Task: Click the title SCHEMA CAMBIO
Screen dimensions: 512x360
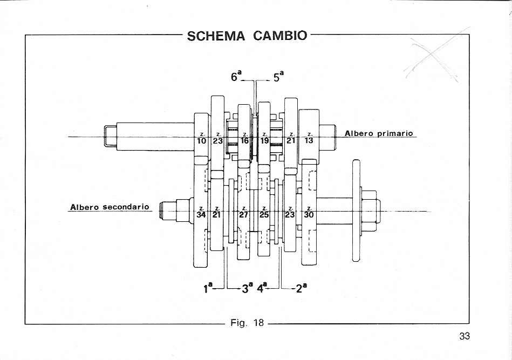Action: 247,36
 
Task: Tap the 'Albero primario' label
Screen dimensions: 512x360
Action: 379,133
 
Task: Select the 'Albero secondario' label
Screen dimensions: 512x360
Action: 110,207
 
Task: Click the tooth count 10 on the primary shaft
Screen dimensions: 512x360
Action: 202,140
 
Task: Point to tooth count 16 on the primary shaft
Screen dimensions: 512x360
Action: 244,140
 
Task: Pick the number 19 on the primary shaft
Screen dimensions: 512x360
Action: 264,140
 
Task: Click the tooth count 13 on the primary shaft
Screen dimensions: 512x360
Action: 309,140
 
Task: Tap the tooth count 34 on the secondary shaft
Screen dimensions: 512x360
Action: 201,215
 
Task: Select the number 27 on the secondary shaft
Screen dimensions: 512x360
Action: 244,215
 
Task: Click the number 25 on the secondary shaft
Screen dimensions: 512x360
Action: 264,215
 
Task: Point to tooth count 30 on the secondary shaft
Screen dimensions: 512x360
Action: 309,215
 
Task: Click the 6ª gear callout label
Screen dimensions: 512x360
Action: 236,76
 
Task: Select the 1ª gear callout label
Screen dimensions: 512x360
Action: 208,288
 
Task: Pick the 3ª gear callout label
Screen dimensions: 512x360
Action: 247,288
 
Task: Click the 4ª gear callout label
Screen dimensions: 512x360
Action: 262,288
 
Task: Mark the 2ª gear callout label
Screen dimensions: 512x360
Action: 301,288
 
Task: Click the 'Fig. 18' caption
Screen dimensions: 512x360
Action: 247,323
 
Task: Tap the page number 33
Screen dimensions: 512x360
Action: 465,336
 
